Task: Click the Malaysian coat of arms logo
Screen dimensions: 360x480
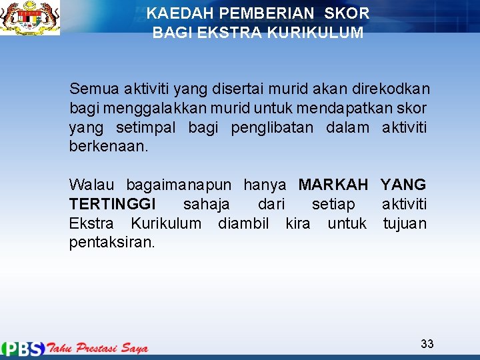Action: point(29,18)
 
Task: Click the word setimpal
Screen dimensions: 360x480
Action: point(145,127)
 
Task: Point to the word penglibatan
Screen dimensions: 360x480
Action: point(271,127)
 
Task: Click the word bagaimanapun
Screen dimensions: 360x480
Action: point(179,185)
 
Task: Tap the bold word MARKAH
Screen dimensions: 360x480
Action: point(333,185)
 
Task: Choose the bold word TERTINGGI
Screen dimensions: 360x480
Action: point(112,204)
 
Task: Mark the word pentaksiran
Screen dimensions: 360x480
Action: point(112,243)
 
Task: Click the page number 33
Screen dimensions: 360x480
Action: point(427,344)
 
